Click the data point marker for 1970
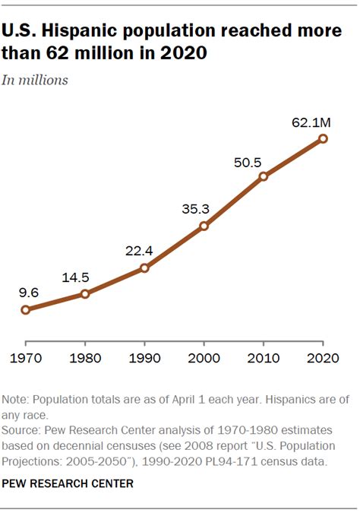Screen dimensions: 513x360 tap(26, 309)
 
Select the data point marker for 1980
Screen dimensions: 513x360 tap(85, 293)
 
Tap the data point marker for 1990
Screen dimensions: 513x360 tap(144, 268)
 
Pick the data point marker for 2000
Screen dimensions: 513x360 tap(204, 226)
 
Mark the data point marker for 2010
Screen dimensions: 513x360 tap(264, 176)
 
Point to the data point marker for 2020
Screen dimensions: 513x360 tap(323, 138)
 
